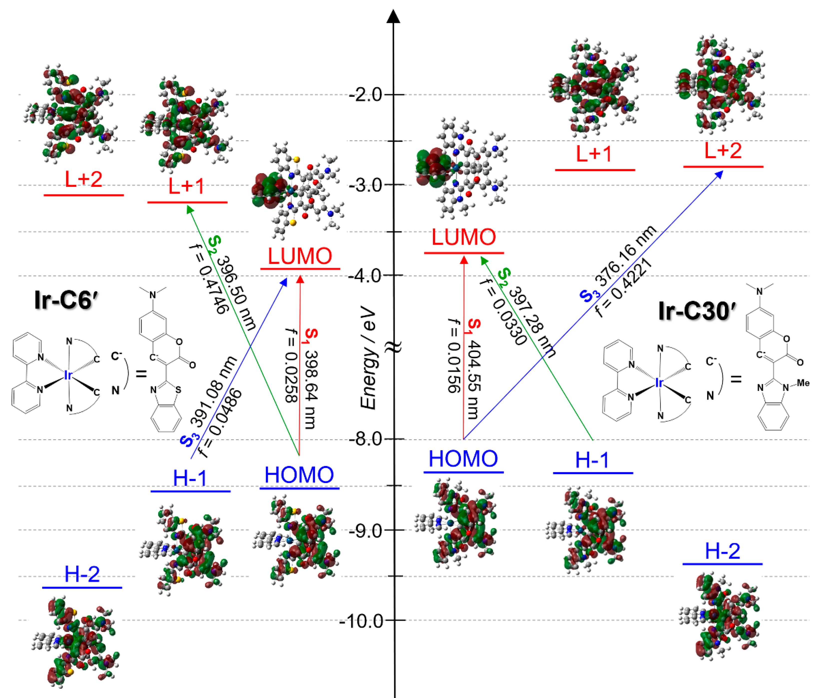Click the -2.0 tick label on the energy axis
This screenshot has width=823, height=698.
365,95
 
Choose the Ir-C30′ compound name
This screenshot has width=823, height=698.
697,311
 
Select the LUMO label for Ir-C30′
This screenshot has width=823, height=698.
463,237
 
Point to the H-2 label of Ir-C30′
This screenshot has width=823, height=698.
723,551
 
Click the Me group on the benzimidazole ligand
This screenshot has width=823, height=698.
803,383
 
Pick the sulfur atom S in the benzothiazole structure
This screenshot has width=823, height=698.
178,390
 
